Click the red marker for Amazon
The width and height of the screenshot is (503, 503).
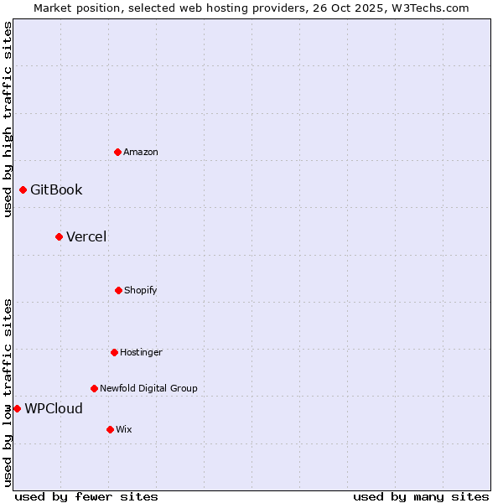click(x=118, y=152)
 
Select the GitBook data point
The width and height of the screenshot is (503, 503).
click(x=23, y=189)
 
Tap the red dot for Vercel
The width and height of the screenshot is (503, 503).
click(x=59, y=236)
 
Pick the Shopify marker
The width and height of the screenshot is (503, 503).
click(x=118, y=290)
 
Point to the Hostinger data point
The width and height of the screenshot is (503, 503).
click(x=114, y=352)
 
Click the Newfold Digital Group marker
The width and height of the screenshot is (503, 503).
click(x=94, y=388)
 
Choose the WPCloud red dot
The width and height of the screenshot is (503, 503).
click(x=17, y=408)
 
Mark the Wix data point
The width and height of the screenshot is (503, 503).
click(x=110, y=429)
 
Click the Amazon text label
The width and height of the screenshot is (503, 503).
click(x=141, y=152)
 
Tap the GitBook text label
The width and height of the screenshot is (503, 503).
click(x=56, y=189)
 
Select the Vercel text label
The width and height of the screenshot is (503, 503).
click(x=86, y=236)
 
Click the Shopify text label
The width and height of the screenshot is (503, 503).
click(x=141, y=290)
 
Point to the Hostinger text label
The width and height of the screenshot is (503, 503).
click(x=141, y=352)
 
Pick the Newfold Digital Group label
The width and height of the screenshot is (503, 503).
click(x=148, y=388)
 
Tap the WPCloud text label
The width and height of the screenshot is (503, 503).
click(x=54, y=408)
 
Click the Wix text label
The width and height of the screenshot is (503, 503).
click(x=124, y=429)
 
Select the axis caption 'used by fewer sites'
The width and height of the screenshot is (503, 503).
click(x=86, y=496)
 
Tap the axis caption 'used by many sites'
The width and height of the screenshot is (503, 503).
click(x=421, y=496)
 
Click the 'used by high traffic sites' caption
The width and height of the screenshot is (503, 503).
click(x=8, y=119)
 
